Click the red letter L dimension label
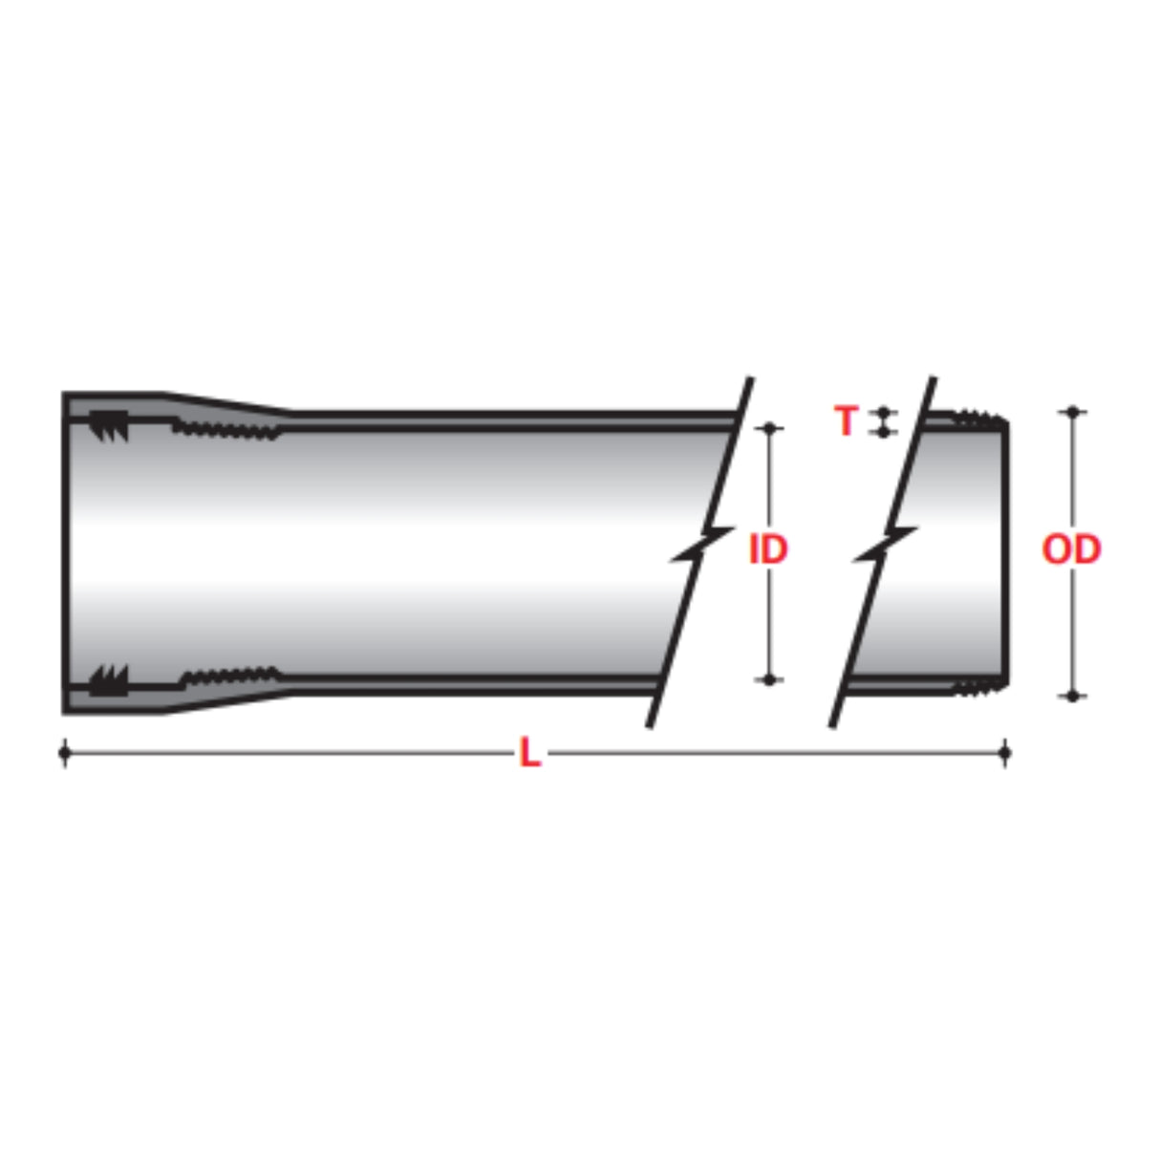click(x=528, y=753)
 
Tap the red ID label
click(x=768, y=549)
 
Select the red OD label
click(x=1071, y=549)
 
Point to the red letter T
click(x=846, y=420)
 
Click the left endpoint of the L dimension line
click(x=65, y=753)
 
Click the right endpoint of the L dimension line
click(x=1004, y=753)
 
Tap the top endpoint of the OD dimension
click(x=1073, y=412)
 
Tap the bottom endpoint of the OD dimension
click(x=1073, y=696)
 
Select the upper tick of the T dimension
click(x=884, y=412)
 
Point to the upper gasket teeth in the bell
click(x=109, y=425)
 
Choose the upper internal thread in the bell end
click(x=227, y=429)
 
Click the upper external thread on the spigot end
click(x=980, y=419)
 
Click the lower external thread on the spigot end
click(x=980, y=685)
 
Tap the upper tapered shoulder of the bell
click(x=227, y=402)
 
